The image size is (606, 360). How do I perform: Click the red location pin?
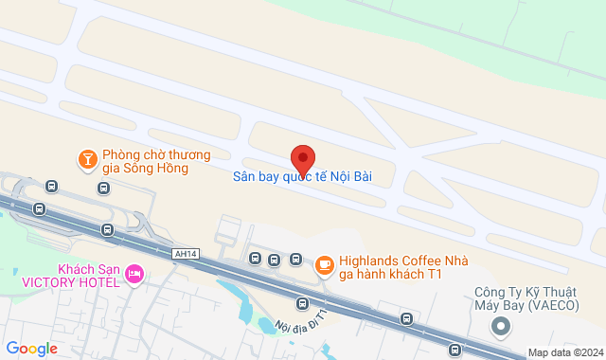302,157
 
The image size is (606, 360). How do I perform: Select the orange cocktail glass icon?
87,158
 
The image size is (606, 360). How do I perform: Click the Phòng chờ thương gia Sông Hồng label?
156,161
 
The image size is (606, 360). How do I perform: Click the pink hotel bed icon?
134,275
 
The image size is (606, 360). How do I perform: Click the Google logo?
31,349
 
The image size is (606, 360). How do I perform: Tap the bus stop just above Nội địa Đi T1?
302,303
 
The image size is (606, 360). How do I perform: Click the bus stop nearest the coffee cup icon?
295,260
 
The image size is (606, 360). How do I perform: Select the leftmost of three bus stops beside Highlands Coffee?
254,258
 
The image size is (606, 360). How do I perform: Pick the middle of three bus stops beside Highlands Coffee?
275,260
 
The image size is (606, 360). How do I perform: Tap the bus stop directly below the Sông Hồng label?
102,188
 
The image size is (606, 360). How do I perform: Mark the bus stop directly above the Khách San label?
106,229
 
